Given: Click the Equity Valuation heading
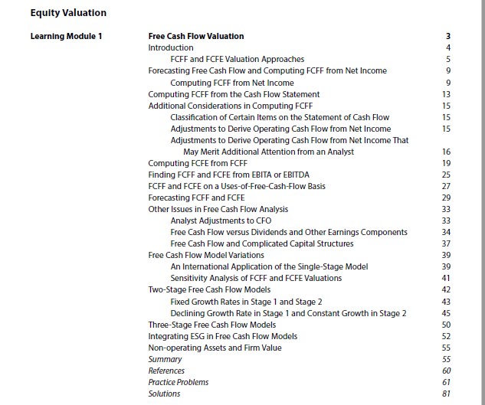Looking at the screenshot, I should click(x=68, y=13).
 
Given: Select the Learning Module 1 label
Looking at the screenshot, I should click(x=66, y=36).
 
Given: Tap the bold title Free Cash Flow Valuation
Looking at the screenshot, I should click(x=196, y=36).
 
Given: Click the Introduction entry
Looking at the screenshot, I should click(x=171, y=47).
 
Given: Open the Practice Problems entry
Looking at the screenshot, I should click(x=178, y=382).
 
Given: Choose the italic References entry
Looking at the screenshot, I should click(x=166, y=371).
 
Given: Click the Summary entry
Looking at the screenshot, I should click(x=165, y=359).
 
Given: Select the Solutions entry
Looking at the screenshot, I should click(x=164, y=394).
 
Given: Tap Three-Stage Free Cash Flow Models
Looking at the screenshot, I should click(x=212, y=325).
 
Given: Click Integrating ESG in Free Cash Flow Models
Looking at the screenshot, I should click(x=223, y=336).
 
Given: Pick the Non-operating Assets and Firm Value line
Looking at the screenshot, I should click(x=215, y=348).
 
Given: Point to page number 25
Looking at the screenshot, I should click(x=446, y=175).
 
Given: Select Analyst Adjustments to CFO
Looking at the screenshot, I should click(x=221, y=220).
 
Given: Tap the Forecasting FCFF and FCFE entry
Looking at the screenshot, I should click(x=195, y=198).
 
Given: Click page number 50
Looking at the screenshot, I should click(x=446, y=325).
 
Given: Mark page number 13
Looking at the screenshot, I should click(x=446, y=94).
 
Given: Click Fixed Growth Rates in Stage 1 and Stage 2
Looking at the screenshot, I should click(x=246, y=302).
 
